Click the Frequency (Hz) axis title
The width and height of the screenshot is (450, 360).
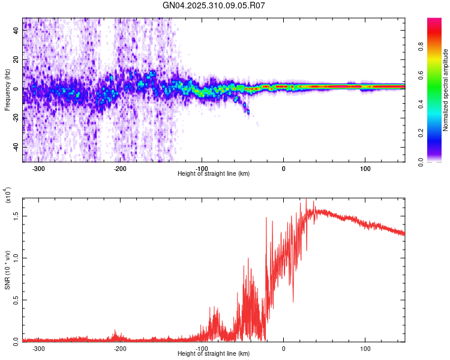[x=7, y=90]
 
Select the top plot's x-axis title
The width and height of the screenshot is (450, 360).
[x=214, y=173]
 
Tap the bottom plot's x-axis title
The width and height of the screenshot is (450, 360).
[x=214, y=353]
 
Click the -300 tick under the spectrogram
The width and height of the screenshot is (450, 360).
[x=39, y=167]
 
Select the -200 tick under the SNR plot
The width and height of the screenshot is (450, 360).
[x=121, y=347]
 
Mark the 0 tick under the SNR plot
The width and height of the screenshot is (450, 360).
[x=284, y=347]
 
